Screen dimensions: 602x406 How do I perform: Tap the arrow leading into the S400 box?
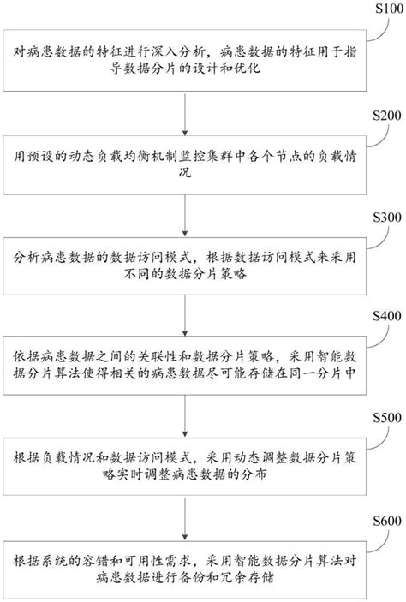tap(186, 314)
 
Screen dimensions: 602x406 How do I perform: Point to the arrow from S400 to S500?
tap(186, 415)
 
